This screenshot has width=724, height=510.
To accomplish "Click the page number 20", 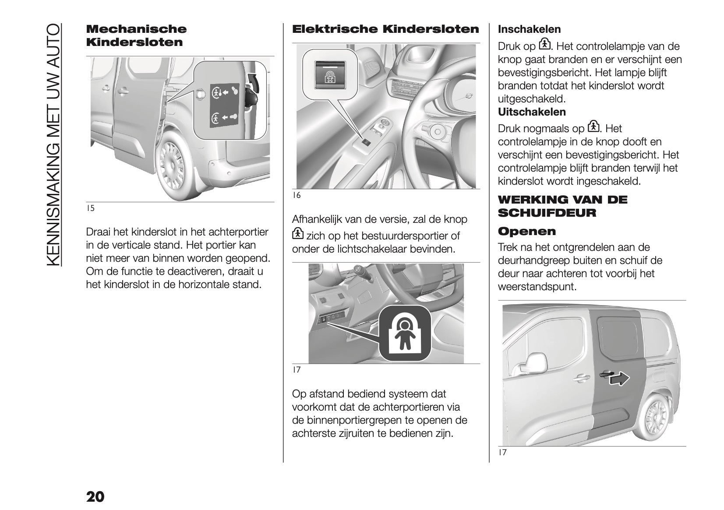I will (95, 485).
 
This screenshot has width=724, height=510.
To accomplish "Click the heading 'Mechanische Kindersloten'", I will (136, 35).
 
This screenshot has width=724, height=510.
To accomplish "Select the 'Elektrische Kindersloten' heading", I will (385, 29).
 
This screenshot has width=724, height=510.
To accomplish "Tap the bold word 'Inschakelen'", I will (529, 29).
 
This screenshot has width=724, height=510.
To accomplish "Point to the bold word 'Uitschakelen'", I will (532, 112).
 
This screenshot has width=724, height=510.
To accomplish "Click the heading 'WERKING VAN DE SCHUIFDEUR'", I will (562, 206).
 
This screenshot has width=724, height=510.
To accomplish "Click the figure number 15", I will (90, 208).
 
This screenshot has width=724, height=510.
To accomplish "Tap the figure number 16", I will (297, 195).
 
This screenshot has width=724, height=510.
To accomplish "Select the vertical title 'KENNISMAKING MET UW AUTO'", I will (52, 144).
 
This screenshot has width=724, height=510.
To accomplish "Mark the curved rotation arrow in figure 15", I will (254, 82).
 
